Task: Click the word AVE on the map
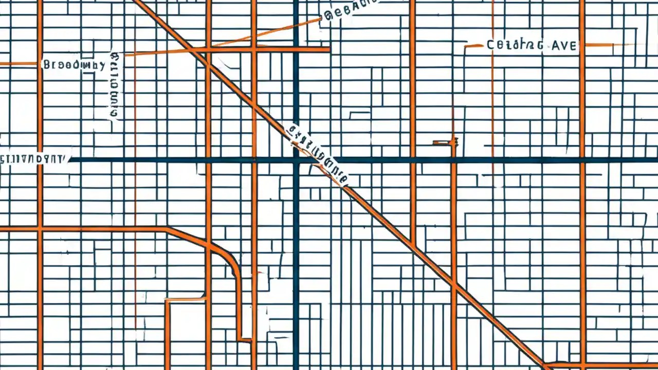pos(564,45)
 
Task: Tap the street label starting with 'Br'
pos(74,65)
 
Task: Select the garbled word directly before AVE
pos(515,45)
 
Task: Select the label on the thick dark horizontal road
pos(33,158)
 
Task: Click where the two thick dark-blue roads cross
pos(296,160)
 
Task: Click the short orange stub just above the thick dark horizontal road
pos(445,142)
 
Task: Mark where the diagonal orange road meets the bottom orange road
pos(545,365)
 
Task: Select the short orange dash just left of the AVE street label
pos(474,46)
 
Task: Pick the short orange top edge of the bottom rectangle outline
pos(185,299)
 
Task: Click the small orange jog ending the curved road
pos(245,340)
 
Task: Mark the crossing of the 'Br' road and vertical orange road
pos(40,64)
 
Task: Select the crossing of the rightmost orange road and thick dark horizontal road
pos(582,160)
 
